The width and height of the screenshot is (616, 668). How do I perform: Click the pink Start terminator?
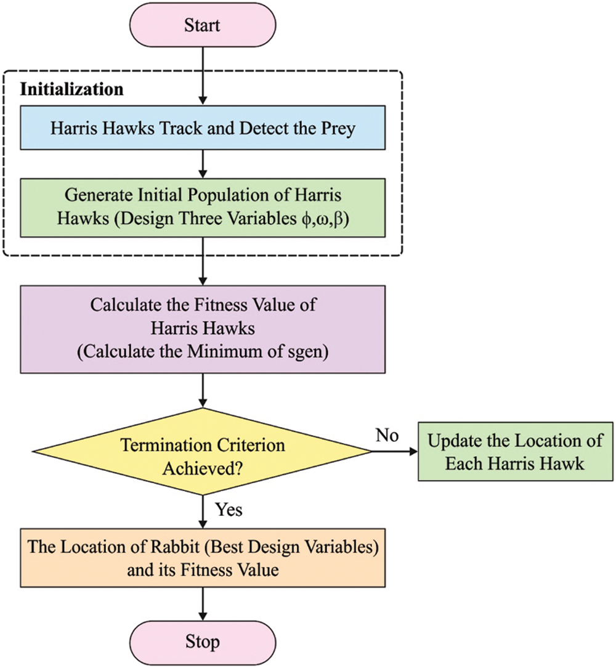pos(202,26)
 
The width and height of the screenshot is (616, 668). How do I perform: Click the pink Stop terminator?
pos(202,642)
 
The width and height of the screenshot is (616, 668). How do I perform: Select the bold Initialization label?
pos(72,89)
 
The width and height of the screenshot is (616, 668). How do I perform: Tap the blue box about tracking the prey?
pos(202,128)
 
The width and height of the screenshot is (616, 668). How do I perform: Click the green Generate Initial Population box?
pos(202,208)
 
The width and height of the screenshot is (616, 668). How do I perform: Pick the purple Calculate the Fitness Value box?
pos(202,322)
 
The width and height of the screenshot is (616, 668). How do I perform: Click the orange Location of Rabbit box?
pos(202,557)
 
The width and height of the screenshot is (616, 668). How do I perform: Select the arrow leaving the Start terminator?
pos(202,77)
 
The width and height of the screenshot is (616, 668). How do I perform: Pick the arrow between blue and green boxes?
pos(202,163)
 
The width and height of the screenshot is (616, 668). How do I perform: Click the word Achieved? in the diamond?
pos(202,467)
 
